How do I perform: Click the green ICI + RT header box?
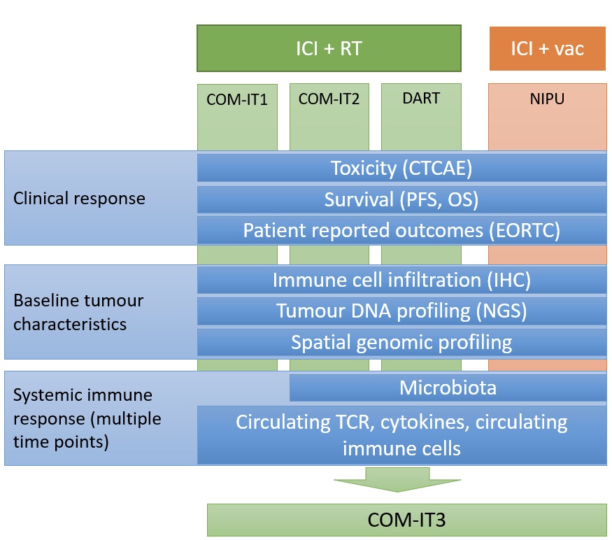click(x=329, y=48)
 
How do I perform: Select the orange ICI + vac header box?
click(x=548, y=49)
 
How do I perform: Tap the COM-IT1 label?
click(x=237, y=99)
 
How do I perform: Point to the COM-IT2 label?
click(x=329, y=99)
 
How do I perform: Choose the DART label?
click(x=421, y=98)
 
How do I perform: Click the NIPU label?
click(x=547, y=99)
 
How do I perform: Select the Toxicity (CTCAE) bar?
click(x=401, y=169)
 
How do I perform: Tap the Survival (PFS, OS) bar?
click(x=401, y=199)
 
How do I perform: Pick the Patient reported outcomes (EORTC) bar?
click(x=401, y=230)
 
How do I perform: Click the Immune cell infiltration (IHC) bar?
click(x=401, y=280)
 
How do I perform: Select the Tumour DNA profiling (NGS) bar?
click(x=401, y=311)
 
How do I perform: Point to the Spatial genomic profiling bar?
click(x=401, y=343)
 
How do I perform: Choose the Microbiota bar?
click(x=448, y=388)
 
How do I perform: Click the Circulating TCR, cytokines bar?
click(x=401, y=435)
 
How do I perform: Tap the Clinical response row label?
click(x=79, y=199)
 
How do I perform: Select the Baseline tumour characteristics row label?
click(x=78, y=313)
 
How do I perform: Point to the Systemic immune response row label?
click(x=87, y=418)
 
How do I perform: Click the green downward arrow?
click(x=397, y=479)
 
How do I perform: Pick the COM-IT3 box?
click(x=406, y=520)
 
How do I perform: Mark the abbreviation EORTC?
click(x=525, y=230)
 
